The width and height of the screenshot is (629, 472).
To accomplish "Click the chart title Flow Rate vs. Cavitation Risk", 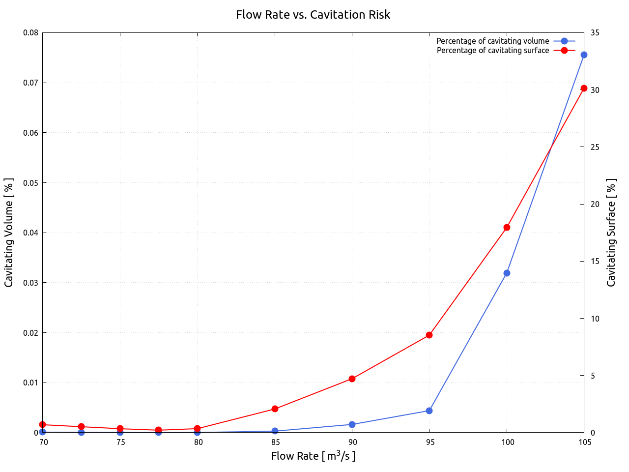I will pos(313,15).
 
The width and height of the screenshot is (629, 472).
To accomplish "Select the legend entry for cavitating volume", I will pos(492,41).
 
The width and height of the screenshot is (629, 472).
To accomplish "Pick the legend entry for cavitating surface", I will pos(492,50).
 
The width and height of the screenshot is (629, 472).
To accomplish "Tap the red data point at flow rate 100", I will pos(507,227).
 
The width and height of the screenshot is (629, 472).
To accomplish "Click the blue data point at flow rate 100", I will pos(507,273).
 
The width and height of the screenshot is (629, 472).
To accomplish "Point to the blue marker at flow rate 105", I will pos(584,55).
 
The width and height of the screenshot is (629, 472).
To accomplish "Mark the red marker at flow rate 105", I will pos(584,88).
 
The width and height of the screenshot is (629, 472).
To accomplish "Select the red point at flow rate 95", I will pos(429,335).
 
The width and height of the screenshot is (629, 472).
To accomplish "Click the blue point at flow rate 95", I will pos(429,411).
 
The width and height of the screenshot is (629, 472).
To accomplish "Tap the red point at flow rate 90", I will pos(352,379).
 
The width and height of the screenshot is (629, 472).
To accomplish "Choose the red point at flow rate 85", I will pos(275,409).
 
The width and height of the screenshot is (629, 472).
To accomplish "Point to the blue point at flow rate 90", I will pos(352,424).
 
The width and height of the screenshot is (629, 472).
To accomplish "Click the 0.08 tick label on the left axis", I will pos(30,33).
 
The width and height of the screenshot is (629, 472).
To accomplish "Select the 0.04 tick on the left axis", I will pos(30,233).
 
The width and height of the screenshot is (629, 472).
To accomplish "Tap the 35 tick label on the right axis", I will pos(595,33).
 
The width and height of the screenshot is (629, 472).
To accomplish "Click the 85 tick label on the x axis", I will pos(275,442).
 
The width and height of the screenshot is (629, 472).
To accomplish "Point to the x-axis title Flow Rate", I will pos(313,456).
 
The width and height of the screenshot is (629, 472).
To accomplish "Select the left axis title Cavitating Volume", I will pos(9,233).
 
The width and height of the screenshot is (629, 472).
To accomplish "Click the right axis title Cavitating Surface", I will pos(611,233).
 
